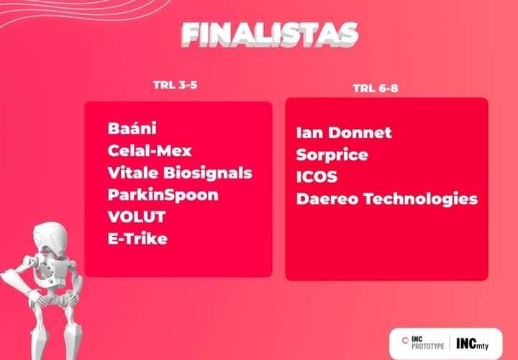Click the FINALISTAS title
[x=270, y=35]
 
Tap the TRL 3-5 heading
[x=175, y=85]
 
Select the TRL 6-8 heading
[x=376, y=89]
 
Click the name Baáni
[x=132, y=128]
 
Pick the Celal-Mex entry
[x=150, y=150]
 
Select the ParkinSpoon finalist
[x=163, y=195]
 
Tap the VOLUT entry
[x=137, y=217]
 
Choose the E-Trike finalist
[x=137, y=238]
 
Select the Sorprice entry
[x=332, y=155]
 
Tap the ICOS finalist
[x=317, y=176]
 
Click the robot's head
[x=50, y=236]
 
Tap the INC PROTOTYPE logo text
[x=427, y=343]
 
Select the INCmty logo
[x=473, y=343]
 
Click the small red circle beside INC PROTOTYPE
[x=405, y=340]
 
